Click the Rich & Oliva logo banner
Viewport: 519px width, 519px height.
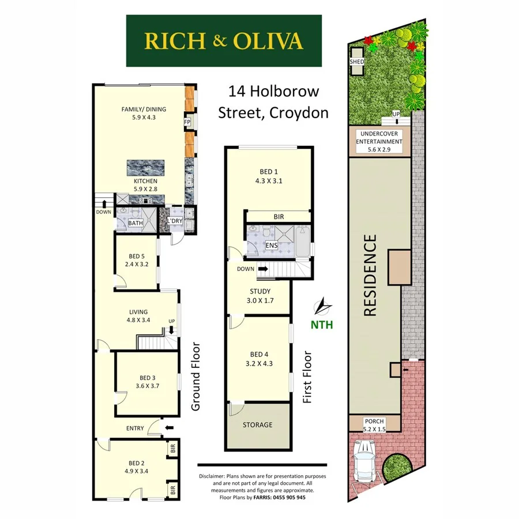224,40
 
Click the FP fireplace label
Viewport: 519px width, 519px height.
187,122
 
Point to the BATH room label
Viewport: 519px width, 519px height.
136,223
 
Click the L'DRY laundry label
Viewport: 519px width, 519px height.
175,221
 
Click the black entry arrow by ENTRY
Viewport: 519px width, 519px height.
169,428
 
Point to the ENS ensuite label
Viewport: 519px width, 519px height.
271,246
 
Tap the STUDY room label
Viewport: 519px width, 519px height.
261,291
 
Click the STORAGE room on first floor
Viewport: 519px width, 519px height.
257,425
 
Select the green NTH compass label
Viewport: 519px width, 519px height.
322,324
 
